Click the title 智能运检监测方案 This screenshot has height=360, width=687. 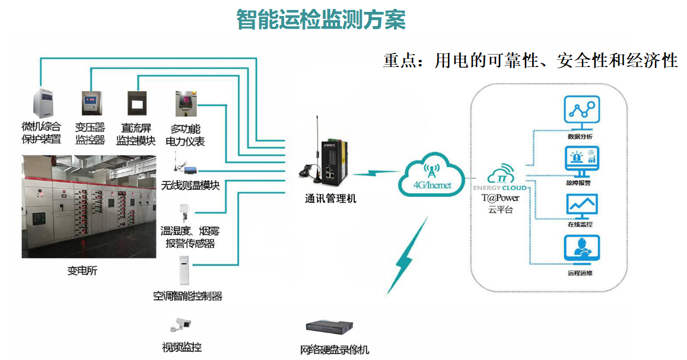[320, 19]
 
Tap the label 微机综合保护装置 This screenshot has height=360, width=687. [41, 133]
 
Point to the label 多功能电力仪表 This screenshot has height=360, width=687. [185, 135]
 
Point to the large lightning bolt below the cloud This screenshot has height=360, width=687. [408, 256]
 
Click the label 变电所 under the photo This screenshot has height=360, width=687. [82, 271]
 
